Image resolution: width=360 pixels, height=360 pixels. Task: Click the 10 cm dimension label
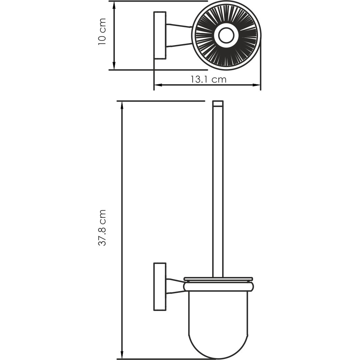(102, 32)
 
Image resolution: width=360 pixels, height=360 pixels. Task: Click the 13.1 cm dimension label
(208, 79)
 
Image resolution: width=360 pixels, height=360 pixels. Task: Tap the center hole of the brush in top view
(226, 35)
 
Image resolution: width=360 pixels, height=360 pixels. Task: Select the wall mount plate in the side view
(160, 286)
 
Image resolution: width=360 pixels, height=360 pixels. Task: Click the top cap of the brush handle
(218, 104)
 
